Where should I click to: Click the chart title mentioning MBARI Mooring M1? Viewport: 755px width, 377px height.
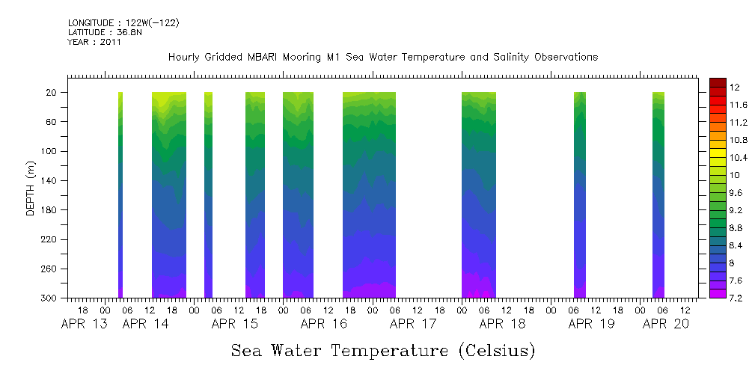tap(382, 58)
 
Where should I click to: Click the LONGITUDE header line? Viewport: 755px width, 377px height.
tap(123, 23)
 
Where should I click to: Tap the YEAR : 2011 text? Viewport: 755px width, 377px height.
tap(94, 42)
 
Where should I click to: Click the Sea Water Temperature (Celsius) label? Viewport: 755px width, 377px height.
tap(382, 350)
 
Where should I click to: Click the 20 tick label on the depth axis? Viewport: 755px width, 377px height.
tap(52, 93)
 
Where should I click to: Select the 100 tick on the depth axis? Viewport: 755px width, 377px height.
tap(50, 151)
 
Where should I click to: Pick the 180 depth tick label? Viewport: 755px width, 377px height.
tap(50, 210)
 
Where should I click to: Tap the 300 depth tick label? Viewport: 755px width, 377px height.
tap(50, 298)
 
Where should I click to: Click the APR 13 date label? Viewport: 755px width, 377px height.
tap(84, 324)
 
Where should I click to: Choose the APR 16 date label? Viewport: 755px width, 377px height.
tap(323, 324)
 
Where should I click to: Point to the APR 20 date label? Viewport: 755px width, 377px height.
tap(666, 324)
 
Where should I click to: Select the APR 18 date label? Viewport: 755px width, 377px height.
tap(501, 324)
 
